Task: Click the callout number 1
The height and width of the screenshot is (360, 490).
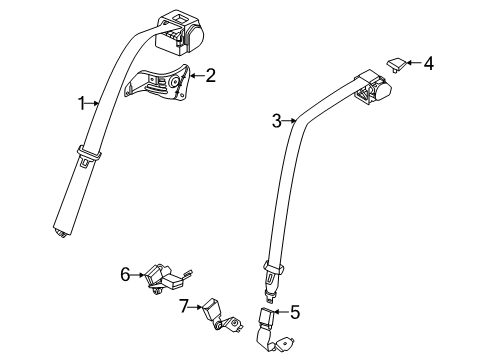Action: click(82, 102)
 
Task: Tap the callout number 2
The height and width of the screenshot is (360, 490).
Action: click(211, 74)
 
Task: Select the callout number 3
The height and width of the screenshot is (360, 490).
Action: click(276, 122)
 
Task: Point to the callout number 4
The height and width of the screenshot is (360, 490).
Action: click(428, 64)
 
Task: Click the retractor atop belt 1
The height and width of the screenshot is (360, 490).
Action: click(181, 31)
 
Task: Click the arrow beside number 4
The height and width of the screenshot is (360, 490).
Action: click(415, 65)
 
